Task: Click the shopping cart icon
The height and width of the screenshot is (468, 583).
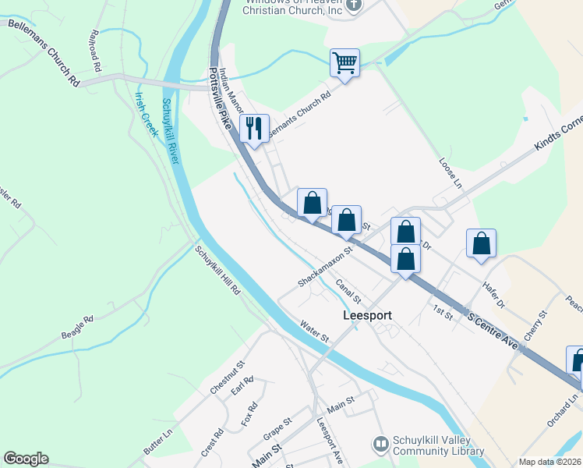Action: coord(344,62)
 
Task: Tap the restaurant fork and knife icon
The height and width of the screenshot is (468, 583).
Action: coord(254,128)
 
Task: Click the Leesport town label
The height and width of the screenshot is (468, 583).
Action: coord(367,316)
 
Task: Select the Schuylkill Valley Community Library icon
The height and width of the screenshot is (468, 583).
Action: coord(380,444)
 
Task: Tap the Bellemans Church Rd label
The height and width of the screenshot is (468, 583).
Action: coord(44,52)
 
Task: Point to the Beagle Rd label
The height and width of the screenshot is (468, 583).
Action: coord(77,327)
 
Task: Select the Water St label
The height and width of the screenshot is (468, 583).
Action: coord(315,332)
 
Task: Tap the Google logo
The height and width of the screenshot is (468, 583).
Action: coord(26,459)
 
